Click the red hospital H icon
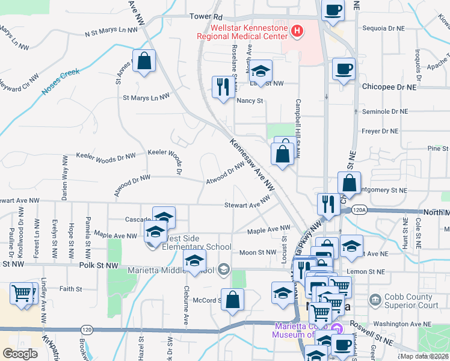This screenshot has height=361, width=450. click(x=296, y=31)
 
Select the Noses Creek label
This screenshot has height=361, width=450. click(x=61, y=82)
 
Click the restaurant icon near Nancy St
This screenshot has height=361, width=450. click(x=223, y=87)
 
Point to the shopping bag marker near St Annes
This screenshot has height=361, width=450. click(x=144, y=61)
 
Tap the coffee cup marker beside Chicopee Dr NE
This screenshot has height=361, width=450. click(x=343, y=69)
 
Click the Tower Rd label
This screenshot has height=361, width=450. click(x=206, y=17)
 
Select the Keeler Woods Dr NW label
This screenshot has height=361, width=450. click(x=106, y=156)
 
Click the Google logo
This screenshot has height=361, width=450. click(x=20, y=354)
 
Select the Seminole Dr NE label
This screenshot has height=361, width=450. click(x=389, y=112)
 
